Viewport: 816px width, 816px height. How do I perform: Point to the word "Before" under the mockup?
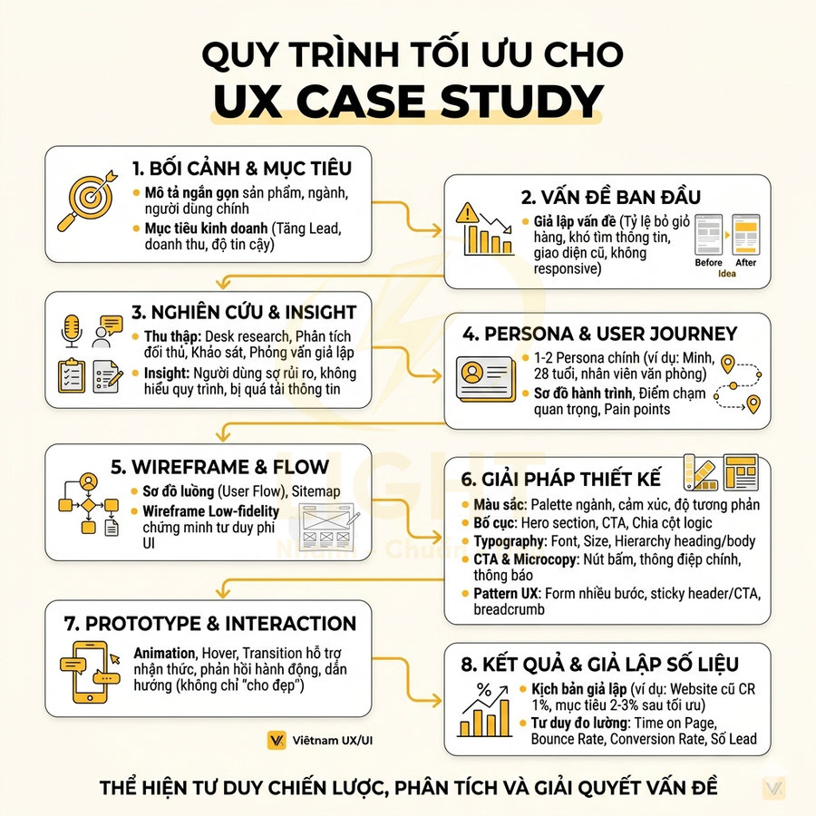point(708,263)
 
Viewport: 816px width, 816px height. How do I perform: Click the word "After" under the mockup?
point(746,263)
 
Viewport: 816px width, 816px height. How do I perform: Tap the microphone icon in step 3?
point(72,332)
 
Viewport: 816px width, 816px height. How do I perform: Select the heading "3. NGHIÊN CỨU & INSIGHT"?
point(244,313)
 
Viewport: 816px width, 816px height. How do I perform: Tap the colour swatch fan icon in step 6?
point(702,472)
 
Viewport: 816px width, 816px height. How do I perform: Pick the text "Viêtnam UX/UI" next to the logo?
point(332,741)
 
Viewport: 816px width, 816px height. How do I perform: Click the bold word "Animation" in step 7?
point(164,653)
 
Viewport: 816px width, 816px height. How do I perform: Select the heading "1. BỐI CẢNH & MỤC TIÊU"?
point(242,168)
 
